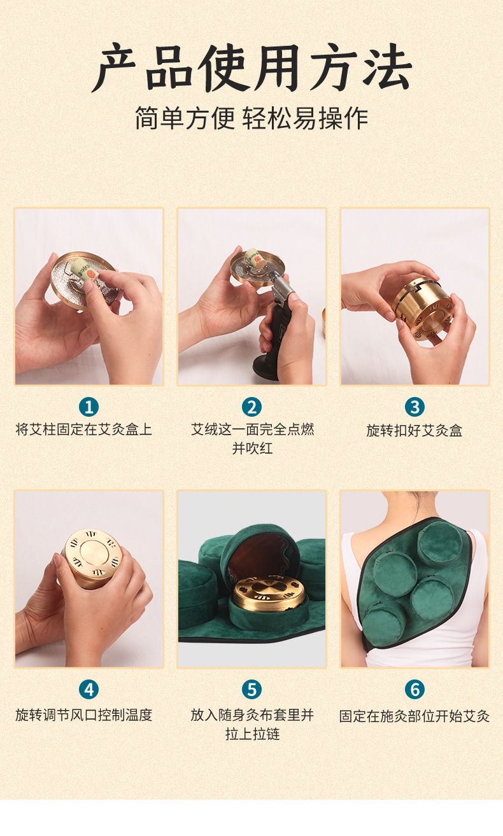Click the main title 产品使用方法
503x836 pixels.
pyautogui.click(x=251, y=68)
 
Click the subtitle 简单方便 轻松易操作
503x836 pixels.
pyautogui.click(x=251, y=119)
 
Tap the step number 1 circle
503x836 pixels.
pyautogui.click(x=89, y=407)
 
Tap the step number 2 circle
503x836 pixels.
pyautogui.click(x=251, y=407)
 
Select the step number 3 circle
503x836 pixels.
pyautogui.click(x=414, y=407)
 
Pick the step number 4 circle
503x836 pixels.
pyautogui.click(x=89, y=689)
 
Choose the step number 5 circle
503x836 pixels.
pyautogui.click(x=251, y=689)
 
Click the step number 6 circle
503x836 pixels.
pyautogui.click(x=414, y=689)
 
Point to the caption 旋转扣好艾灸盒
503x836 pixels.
pyautogui.click(x=414, y=431)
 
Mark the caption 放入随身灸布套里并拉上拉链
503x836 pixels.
pyautogui.click(x=252, y=725)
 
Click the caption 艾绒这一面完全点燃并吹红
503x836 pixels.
pyautogui.click(x=252, y=438)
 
